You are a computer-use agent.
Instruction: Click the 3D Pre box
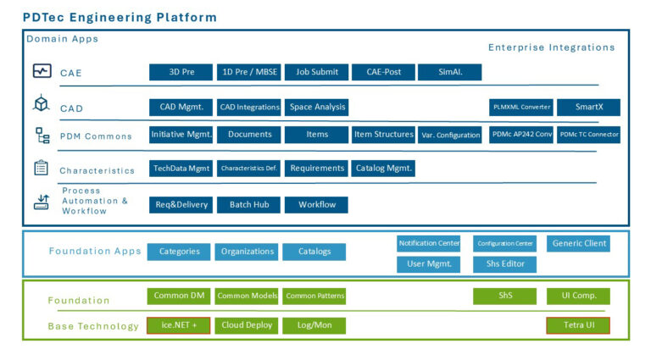pyautogui.click(x=181, y=73)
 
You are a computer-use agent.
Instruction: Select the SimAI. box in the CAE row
pyautogui.click(x=449, y=73)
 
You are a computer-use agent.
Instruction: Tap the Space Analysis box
pyautogui.click(x=316, y=108)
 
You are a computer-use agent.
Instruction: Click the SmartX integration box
pyautogui.click(x=588, y=108)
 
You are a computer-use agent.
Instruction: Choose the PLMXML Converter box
pyautogui.click(x=521, y=108)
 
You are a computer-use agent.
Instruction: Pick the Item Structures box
pyautogui.click(x=383, y=135)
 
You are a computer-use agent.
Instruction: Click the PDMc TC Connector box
pyautogui.click(x=588, y=135)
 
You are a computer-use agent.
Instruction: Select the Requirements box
pyautogui.click(x=316, y=169)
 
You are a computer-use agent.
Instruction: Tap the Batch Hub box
pyautogui.click(x=248, y=205)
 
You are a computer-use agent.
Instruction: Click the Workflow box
pyautogui.click(x=316, y=205)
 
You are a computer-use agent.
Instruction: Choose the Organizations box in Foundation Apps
pyautogui.click(x=248, y=252)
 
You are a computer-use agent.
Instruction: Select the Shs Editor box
pyautogui.click(x=504, y=264)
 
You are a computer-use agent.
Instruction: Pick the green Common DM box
pyautogui.click(x=179, y=296)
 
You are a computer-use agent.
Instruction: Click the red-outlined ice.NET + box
pyautogui.click(x=179, y=325)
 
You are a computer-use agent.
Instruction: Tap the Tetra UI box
pyautogui.click(x=578, y=325)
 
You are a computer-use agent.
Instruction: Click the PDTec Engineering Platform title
pyautogui.click(x=120, y=17)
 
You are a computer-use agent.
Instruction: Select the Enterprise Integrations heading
pyautogui.click(x=551, y=47)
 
